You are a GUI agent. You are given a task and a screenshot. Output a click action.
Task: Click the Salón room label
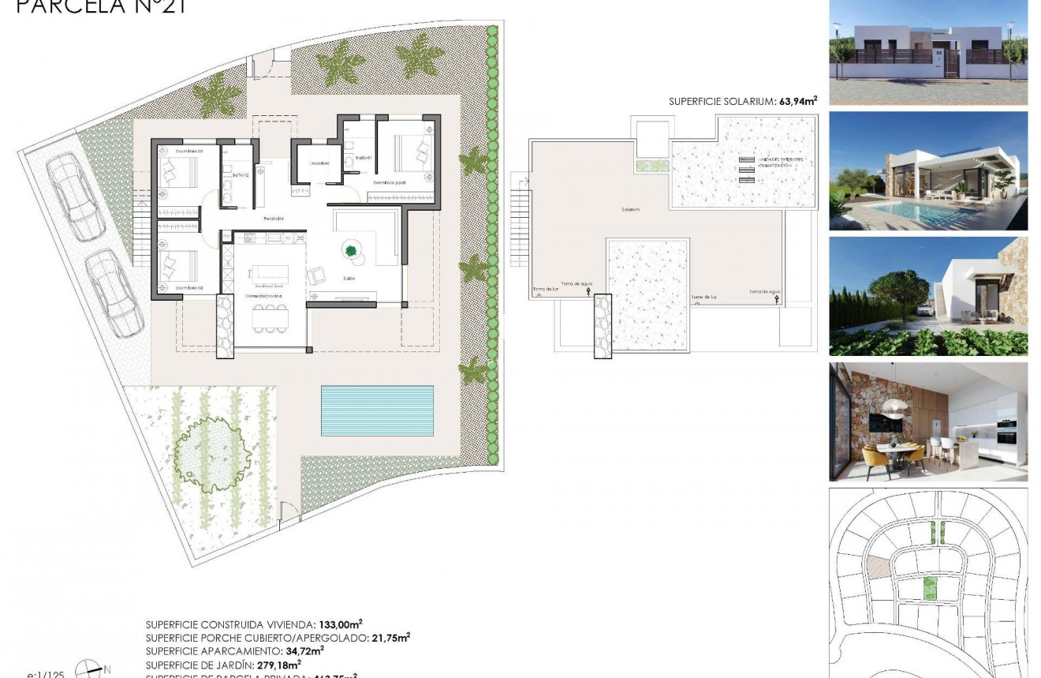pos(348,279)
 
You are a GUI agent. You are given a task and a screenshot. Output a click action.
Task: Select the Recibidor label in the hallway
pos(272,218)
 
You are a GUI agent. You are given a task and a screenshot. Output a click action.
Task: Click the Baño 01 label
pos(363,158)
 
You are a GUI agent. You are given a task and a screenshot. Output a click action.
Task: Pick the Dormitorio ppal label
pos(390,182)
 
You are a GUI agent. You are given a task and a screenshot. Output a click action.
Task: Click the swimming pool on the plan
pos(377,410)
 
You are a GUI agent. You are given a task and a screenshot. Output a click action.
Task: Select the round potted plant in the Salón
pos(350,251)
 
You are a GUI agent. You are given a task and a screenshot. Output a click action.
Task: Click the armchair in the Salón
pos(317,275)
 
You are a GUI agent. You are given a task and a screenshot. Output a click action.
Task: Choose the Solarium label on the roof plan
pos(629,210)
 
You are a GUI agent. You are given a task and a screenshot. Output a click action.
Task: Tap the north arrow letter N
pos(107,669)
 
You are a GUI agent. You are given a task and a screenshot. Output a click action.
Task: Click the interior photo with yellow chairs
pos(928,422)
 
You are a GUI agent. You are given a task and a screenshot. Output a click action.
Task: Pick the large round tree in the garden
pos(211,451)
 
